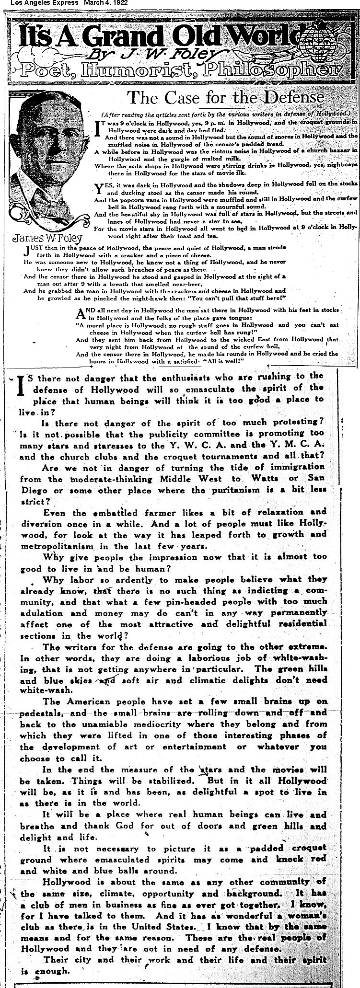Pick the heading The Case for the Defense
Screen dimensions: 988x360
tap(225, 98)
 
